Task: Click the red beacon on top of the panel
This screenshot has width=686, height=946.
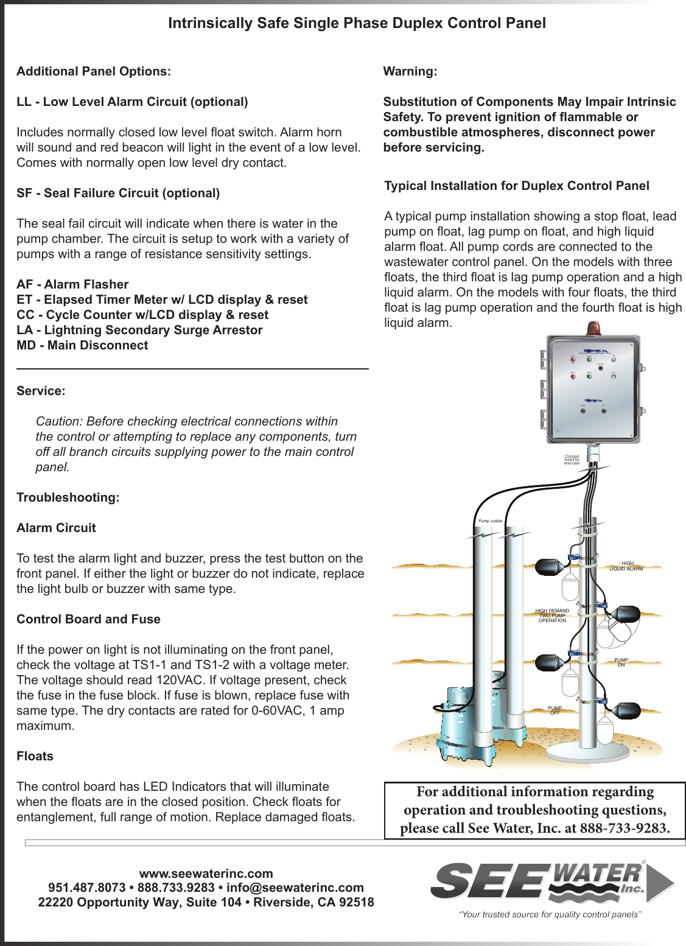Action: (593, 329)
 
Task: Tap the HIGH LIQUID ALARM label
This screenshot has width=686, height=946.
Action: (626, 566)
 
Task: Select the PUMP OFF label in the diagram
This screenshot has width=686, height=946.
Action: (555, 710)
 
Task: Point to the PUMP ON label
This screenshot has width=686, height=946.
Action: (621, 662)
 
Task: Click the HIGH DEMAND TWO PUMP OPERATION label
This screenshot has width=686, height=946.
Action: (552, 615)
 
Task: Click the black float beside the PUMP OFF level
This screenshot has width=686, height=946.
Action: (626, 710)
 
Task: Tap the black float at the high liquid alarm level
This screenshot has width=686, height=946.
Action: (550, 567)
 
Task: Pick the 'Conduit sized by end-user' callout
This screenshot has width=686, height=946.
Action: (572, 460)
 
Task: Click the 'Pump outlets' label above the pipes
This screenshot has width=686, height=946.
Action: (490, 521)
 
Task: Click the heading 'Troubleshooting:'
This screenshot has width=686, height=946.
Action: (68, 497)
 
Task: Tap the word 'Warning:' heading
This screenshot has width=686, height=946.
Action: (410, 71)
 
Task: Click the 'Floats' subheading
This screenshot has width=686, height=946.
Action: (35, 756)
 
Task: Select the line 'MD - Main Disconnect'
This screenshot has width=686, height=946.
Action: (82, 345)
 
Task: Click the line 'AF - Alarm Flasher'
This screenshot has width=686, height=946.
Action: (72, 284)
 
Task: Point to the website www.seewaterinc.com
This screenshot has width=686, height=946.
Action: (206, 874)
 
